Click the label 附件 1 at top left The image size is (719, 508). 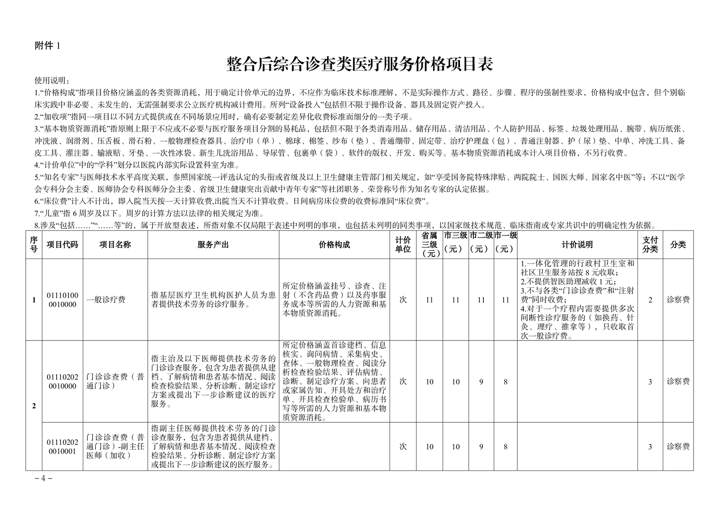coord(47,46)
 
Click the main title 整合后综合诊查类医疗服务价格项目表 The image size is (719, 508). coord(359,65)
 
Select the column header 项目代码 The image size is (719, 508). coord(62,245)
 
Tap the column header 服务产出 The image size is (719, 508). coord(213,245)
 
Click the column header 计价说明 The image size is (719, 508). coord(577,245)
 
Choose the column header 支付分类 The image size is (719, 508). coord(650,245)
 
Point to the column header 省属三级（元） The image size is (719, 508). coord(429,245)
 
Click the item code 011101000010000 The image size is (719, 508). coord(62,300)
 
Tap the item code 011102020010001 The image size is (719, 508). coord(62,446)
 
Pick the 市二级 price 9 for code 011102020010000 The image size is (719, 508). coord(481,382)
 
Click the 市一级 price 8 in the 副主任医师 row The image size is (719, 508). coord(506,447)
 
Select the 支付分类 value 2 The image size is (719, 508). coord(650,300)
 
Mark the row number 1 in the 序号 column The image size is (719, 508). coord(34,300)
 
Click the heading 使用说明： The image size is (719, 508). coord(52,81)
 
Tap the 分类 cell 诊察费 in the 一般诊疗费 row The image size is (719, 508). coord(678,300)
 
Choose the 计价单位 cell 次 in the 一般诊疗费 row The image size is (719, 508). coord(403,300)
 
